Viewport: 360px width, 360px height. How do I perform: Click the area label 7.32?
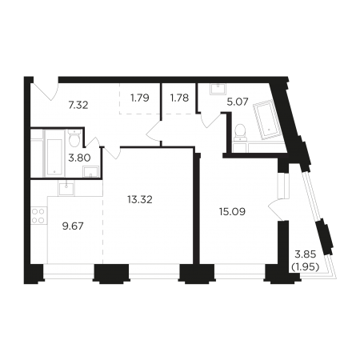click(x=78, y=105)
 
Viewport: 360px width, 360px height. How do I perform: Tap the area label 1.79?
click(x=140, y=98)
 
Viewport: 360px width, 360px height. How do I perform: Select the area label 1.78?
click(x=179, y=98)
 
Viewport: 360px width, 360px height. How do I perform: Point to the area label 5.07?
click(x=238, y=102)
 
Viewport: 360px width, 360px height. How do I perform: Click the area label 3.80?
click(x=79, y=158)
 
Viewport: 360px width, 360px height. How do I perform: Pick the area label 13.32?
click(x=140, y=199)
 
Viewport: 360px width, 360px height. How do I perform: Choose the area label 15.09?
click(x=232, y=212)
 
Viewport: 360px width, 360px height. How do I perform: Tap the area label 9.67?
click(x=73, y=226)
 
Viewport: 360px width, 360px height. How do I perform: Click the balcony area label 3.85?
click(x=306, y=254)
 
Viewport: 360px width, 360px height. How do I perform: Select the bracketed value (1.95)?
click(x=306, y=266)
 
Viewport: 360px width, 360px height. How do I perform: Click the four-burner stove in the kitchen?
click(x=38, y=216)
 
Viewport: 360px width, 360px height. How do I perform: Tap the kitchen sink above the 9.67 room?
click(x=66, y=188)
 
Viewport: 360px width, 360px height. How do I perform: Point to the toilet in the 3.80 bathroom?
click(x=74, y=138)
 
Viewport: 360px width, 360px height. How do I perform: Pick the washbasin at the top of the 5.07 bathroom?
click(x=218, y=89)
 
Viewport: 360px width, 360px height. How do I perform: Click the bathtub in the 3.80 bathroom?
click(x=54, y=154)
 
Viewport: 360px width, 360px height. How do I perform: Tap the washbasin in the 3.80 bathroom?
click(x=91, y=171)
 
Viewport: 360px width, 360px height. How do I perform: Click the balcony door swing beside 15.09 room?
click(x=273, y=210)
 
